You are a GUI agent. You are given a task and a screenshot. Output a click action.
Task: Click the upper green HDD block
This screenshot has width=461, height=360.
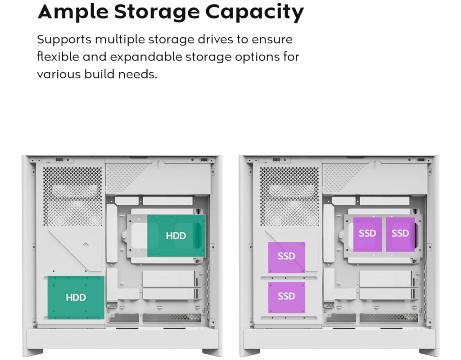coord(176,236)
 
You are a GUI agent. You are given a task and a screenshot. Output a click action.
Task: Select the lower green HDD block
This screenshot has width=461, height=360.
coord(76,297)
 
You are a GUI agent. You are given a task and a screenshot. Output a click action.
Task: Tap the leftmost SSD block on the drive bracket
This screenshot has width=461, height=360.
coord(367,234)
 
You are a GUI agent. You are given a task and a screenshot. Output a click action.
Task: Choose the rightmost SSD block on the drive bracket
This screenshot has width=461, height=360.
coord(400,234)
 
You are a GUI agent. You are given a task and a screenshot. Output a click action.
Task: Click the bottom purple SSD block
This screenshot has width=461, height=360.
coord(286,297)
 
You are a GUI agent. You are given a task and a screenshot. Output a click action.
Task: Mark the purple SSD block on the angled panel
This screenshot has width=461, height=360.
coord(286,257)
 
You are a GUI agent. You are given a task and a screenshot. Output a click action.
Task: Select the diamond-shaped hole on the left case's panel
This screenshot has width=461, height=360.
coord(86,245)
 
